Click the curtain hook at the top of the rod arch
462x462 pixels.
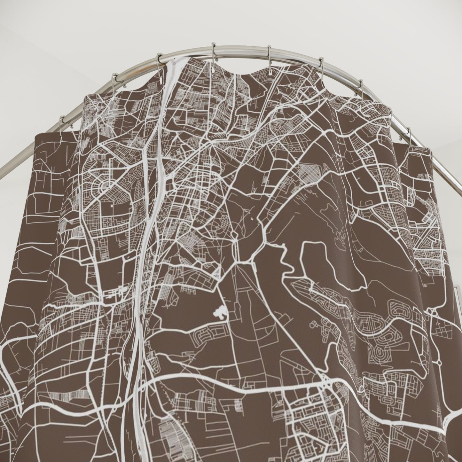coord(214,51)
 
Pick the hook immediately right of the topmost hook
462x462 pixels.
coord(269,54)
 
